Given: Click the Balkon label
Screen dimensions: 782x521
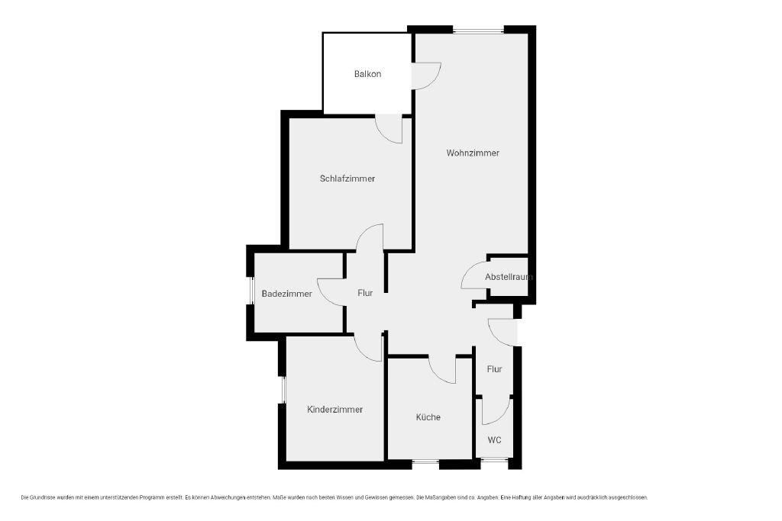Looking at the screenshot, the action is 367,74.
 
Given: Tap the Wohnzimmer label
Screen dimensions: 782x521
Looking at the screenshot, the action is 473,153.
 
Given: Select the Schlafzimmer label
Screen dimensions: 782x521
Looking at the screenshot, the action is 347,178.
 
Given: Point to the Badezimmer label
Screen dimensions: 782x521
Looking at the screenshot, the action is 287,294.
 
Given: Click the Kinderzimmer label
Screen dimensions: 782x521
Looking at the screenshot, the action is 334,410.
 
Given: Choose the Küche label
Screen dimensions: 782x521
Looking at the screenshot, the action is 428,417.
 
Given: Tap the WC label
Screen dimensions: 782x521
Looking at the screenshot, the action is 494,440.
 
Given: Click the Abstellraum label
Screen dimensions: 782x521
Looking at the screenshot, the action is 509,277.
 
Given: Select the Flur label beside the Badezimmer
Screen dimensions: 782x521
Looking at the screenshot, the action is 365,293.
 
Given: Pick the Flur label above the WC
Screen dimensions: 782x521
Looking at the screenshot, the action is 494,369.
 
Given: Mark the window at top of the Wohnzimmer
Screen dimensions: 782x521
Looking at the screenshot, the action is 478,31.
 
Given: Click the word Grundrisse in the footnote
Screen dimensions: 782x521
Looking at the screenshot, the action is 44,497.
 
